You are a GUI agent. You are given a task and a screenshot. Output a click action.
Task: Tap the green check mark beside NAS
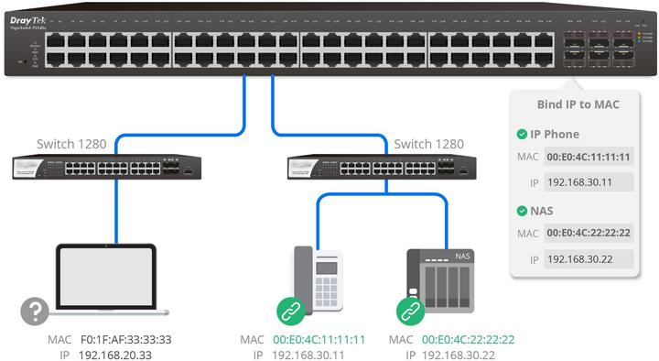523,211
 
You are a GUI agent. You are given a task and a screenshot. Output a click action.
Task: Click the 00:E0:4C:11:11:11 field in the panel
588,157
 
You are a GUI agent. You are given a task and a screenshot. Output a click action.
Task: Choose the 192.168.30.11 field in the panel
588,182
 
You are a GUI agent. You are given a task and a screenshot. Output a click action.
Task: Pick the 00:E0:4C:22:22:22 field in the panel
588,234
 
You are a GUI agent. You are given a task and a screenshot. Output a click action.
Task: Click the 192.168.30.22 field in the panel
588,259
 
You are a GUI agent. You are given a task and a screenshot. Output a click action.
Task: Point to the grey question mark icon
35,312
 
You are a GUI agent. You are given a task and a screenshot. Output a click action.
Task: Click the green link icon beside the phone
291,312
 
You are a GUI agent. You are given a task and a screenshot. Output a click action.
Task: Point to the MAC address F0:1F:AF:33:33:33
125,339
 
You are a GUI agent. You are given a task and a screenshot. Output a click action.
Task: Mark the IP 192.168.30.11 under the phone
308,354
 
